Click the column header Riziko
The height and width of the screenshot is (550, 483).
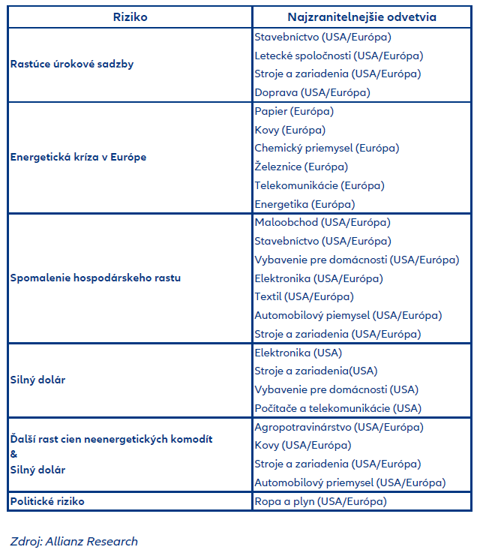pos(129,17)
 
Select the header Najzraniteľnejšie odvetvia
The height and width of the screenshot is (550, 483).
pos(361,17)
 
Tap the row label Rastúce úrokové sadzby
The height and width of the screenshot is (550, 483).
pos(72,65)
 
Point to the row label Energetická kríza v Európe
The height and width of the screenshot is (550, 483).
pos(78,158)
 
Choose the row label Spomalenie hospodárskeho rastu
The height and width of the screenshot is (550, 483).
pos(95,278)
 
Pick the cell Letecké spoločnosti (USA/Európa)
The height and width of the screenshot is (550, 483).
pos(338,56)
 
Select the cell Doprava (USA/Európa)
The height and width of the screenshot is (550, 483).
pos(312,92)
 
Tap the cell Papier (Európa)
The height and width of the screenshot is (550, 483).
pos(294,111)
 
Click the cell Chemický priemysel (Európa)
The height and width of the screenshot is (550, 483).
pos(325,148)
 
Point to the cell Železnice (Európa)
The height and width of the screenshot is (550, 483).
pos(301,167)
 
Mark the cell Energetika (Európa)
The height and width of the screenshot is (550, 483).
pos(304,204)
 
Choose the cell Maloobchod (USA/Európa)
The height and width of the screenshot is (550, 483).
pos(322,222)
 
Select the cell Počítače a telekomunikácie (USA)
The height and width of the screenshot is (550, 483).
pos(337,408)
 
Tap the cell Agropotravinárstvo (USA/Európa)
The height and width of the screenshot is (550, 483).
pos(338,427)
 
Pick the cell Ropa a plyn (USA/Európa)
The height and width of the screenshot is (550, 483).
pos(320,501)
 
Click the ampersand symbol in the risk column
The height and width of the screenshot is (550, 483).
pos(13,455)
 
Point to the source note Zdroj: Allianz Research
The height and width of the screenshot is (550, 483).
pos(73,541)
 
